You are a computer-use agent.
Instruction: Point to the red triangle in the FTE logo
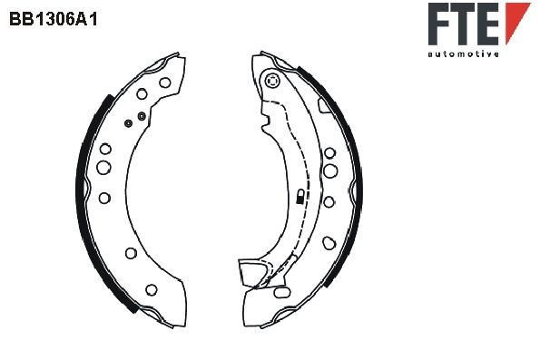[515, 20]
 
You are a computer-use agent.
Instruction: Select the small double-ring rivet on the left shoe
[129, 122]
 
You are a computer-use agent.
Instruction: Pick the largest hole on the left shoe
[103, 167]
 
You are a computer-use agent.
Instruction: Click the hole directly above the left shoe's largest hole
[105, 149]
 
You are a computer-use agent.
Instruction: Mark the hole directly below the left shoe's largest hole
[104, 198]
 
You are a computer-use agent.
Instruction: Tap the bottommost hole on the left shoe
[151, 289]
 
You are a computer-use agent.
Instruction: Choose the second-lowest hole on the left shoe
[131, 253]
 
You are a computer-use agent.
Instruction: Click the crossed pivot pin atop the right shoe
[270, 82]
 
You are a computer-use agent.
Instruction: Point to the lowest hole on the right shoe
[326, 242]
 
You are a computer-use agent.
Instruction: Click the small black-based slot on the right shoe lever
[299, 197]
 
